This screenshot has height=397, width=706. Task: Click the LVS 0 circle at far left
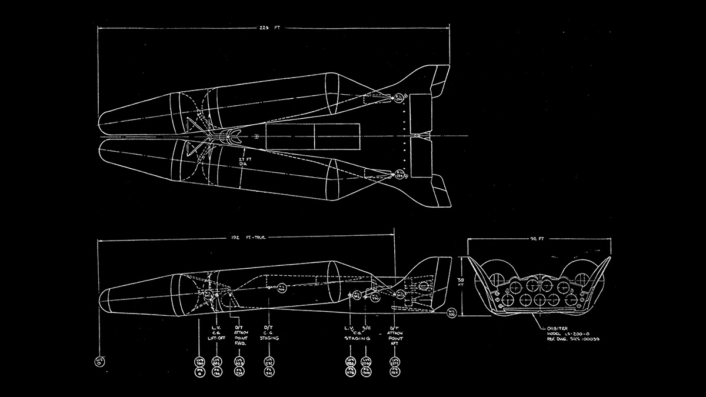[98, 361]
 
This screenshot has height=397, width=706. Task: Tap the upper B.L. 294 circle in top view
[399, 98]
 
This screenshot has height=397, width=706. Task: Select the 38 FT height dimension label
[461, 282]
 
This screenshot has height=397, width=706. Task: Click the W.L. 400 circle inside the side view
[281, 289]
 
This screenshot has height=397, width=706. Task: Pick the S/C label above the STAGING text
[365, 328]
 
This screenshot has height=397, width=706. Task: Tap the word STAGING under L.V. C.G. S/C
[359, 339]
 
